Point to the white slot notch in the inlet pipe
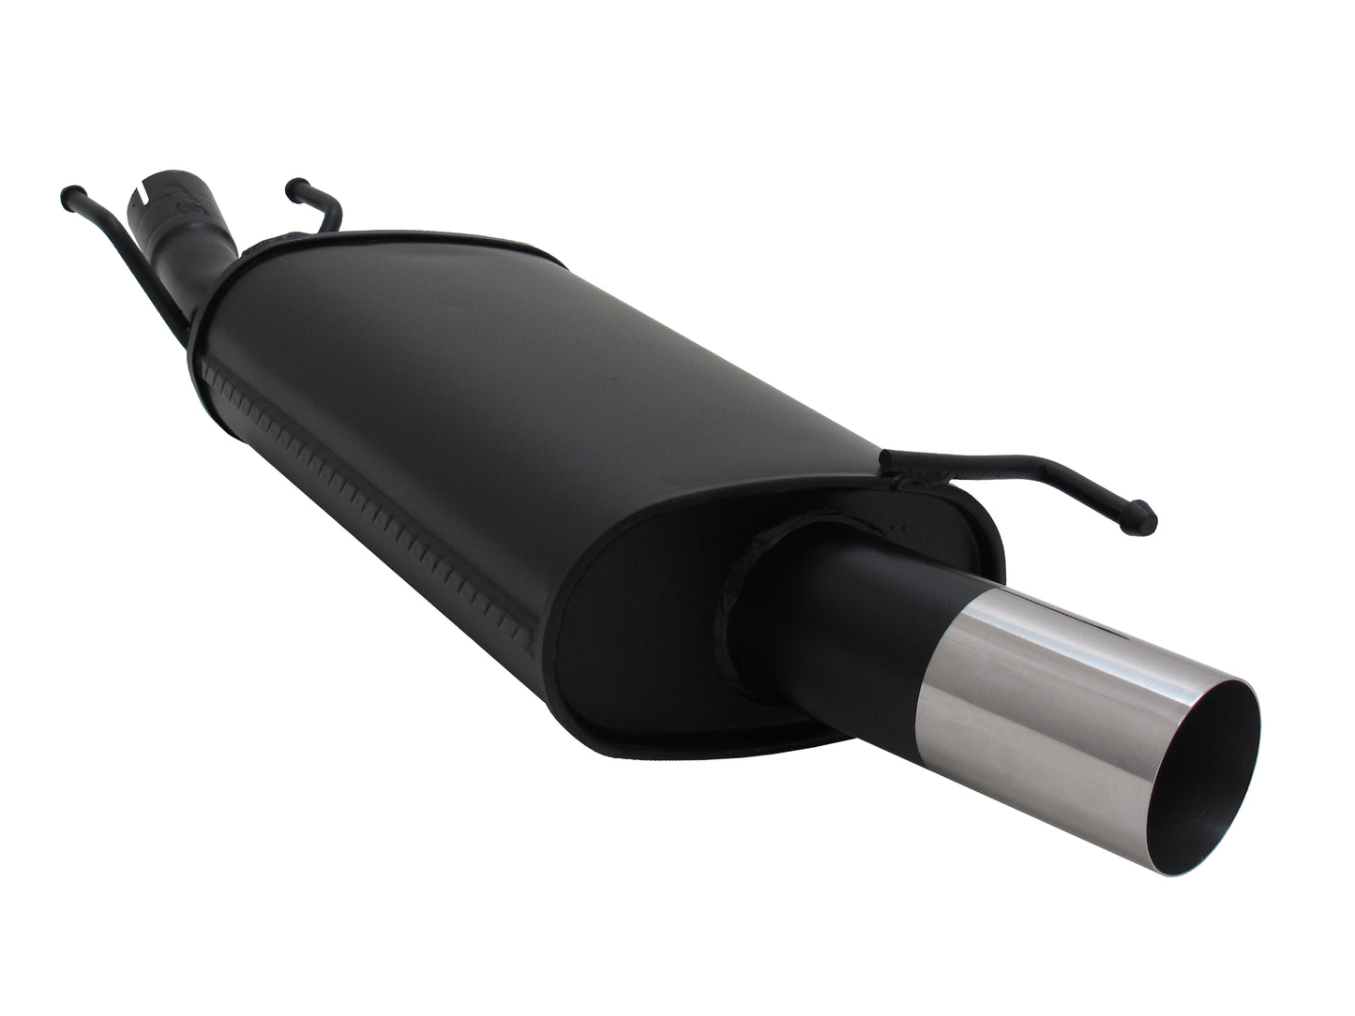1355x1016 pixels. [142, 195]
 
